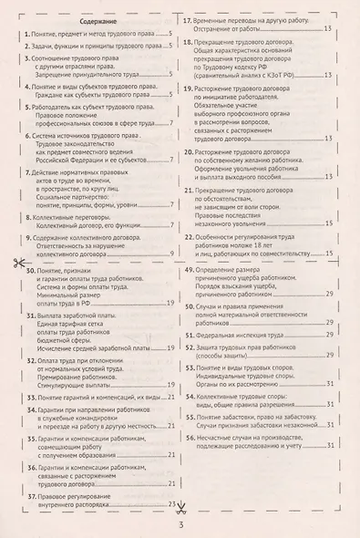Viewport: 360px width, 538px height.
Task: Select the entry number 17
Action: (x=190, y=19)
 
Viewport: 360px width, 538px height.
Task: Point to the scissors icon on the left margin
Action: (x=17, y=264)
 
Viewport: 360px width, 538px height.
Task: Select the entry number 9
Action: (x=29, y=237)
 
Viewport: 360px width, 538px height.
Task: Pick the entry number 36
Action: (x=30, y=467)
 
